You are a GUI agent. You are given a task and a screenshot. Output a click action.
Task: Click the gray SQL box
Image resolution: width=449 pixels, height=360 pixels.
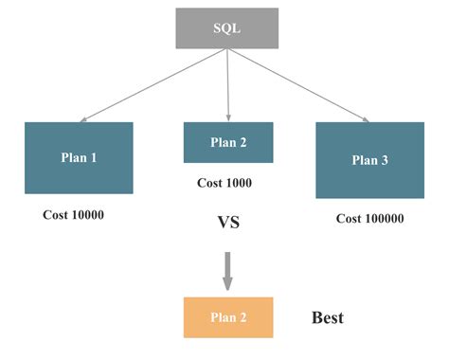pos(226,28)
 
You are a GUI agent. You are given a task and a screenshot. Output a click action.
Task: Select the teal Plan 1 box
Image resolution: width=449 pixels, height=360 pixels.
pos(79,158)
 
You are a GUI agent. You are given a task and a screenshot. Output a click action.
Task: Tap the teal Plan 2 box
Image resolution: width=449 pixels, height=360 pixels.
pos(227,142)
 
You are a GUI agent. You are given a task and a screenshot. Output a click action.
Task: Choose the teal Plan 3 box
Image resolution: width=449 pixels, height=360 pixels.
pos(369,160)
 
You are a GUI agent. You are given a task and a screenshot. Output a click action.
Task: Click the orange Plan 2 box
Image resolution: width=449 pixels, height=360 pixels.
pos(227,317)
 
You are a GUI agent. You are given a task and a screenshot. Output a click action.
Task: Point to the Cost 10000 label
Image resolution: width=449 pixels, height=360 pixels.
pos(73,215)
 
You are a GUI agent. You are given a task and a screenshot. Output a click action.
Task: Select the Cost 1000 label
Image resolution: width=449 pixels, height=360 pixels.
pos(224,183)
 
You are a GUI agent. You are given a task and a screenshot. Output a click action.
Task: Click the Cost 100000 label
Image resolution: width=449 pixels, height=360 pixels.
pos(369,219)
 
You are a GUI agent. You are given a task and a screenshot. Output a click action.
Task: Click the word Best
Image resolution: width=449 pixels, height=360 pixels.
pos(327,318)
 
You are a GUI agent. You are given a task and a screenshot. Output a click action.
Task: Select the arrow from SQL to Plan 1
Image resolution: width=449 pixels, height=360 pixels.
pos(152,86)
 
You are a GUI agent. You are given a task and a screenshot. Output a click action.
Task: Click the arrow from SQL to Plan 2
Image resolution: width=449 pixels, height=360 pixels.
pos(227,85)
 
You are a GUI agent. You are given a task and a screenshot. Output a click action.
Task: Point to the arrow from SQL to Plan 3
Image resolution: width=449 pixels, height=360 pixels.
pos(298,85)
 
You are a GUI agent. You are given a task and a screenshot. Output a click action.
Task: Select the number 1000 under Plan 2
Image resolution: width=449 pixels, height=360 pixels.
pos(237,183)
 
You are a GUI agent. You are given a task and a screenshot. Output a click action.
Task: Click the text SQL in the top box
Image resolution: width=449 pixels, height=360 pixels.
pos(226,28)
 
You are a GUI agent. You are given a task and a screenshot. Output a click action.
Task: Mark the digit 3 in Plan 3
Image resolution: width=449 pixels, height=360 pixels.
pos(385,160)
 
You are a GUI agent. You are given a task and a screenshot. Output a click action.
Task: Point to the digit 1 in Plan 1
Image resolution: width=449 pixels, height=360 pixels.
pos(93,158)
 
